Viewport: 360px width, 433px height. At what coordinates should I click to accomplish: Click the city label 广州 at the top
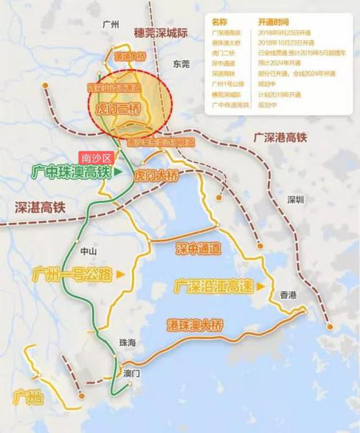(x=110, y=24)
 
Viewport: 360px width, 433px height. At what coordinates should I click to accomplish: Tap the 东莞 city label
(x=181, y=64)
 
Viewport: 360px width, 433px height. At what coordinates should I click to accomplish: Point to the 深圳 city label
(x=295, y=199)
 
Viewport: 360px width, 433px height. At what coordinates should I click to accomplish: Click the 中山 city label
(x=88, y=251)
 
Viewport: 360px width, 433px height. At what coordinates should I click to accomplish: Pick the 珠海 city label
(x=127, y=343)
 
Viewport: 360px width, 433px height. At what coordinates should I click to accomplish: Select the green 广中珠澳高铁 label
(x=71, y=172)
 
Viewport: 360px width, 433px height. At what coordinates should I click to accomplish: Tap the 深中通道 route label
(x=198, y=248)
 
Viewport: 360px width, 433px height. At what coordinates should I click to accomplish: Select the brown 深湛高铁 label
(x=39, y=207)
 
